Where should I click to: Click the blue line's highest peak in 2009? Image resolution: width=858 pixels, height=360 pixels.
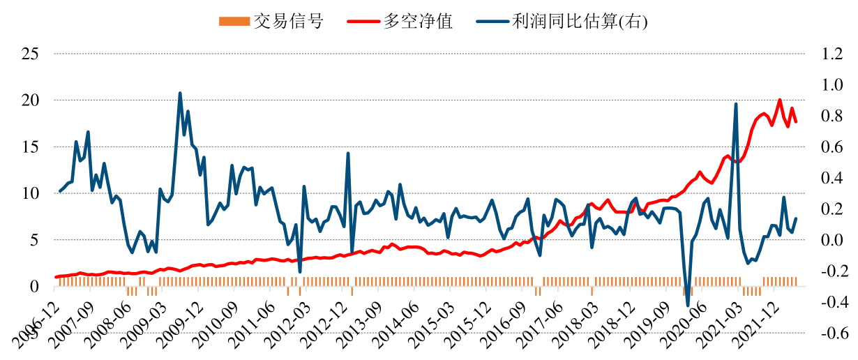tap(180, 93)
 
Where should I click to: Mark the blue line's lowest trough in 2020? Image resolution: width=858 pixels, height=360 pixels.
tap(688, 306)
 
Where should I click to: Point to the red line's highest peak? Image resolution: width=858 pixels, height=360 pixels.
tap(780, 100)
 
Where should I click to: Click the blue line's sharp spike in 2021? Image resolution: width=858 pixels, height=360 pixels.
tap(736, 104)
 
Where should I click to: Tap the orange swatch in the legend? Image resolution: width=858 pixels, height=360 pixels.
tap(234, 22)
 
